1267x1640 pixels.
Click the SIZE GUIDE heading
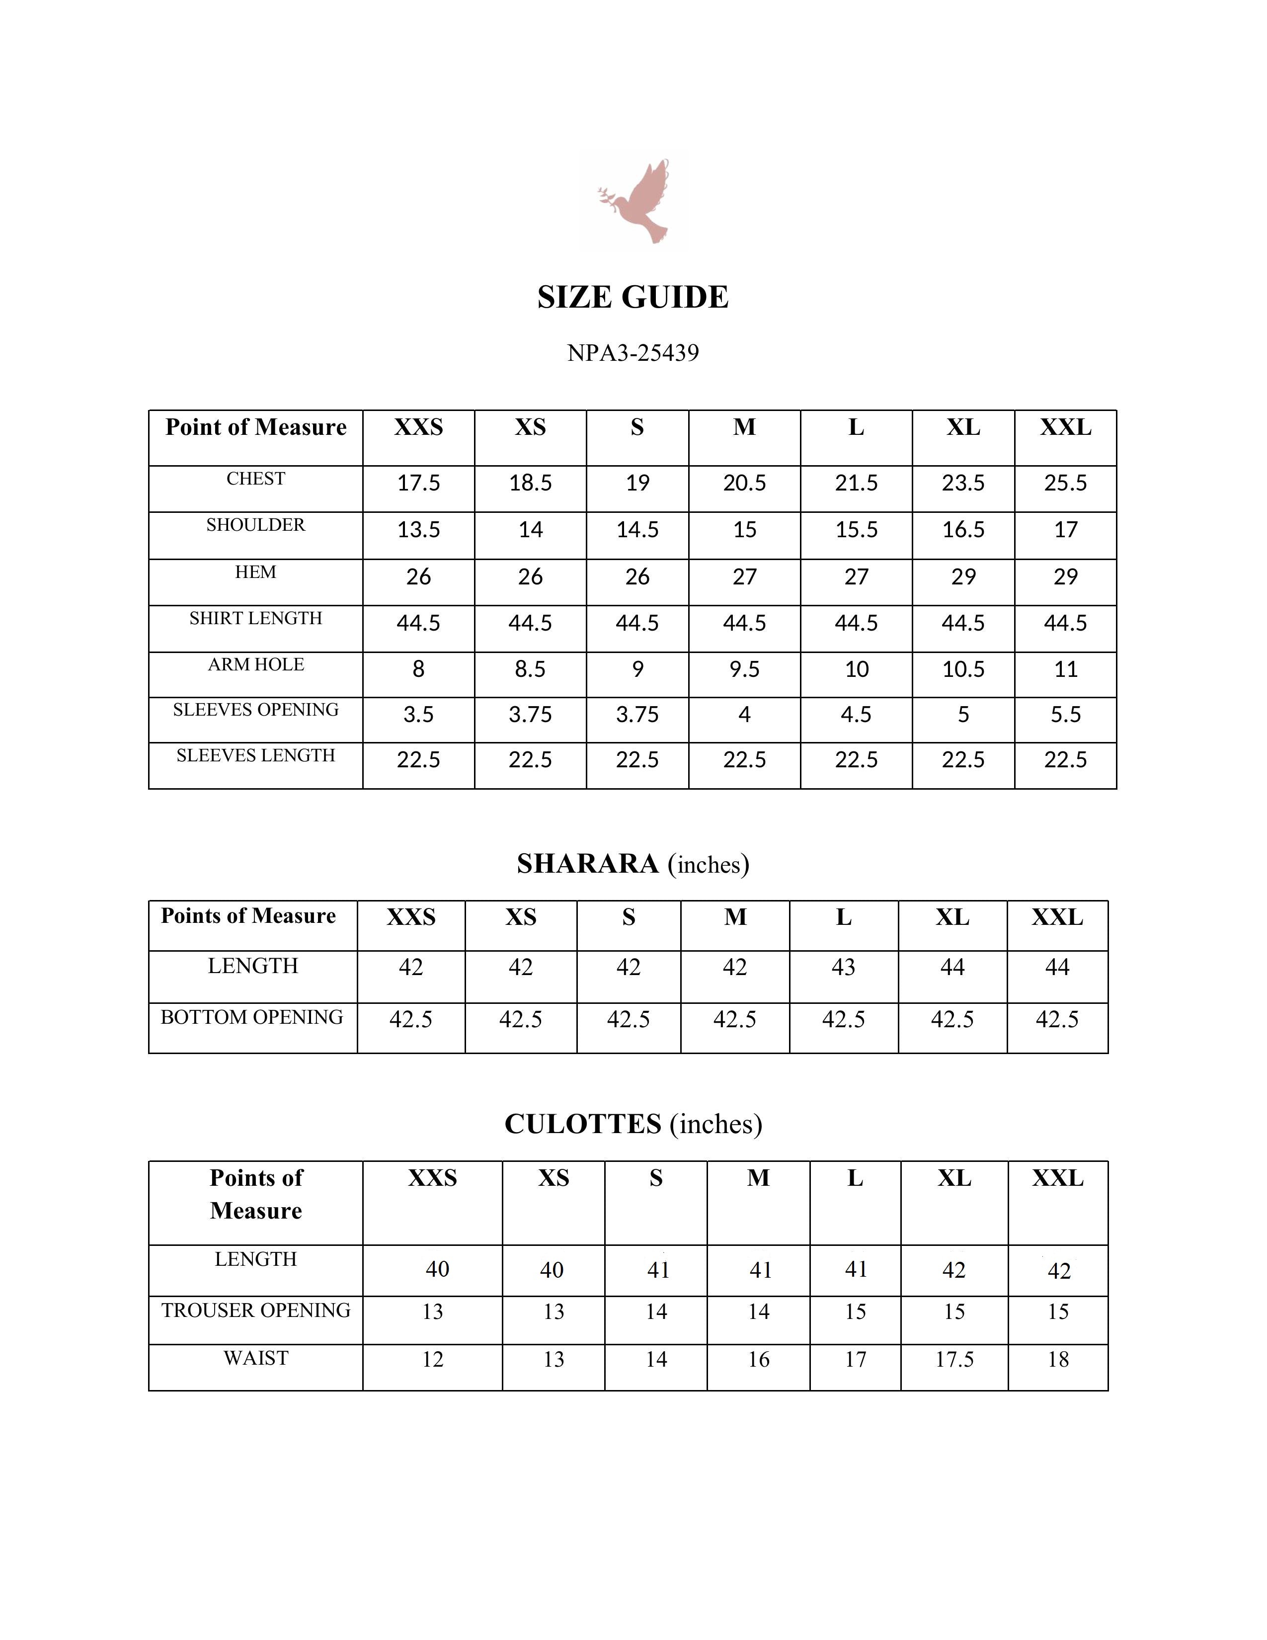(633, 297)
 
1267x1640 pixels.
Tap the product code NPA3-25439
(633, 352)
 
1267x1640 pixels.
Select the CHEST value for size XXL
(1065, 483)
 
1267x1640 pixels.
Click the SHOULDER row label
(255, 525)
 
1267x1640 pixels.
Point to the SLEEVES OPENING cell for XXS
(418, 714)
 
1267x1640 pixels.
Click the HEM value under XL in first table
(963, 576)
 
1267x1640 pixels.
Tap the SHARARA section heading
(633, 864)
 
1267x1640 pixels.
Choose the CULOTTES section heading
(633, 1124)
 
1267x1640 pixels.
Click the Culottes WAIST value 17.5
(954, 1359)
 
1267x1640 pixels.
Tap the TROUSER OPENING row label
(255, 1311)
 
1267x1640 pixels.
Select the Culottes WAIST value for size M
(758, 1359)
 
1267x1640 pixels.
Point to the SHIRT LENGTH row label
(255, 618)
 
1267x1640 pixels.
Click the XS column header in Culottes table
(553, 1178)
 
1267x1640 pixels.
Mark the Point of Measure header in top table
(255, 427)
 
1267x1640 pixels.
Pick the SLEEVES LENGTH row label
(255, 755)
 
